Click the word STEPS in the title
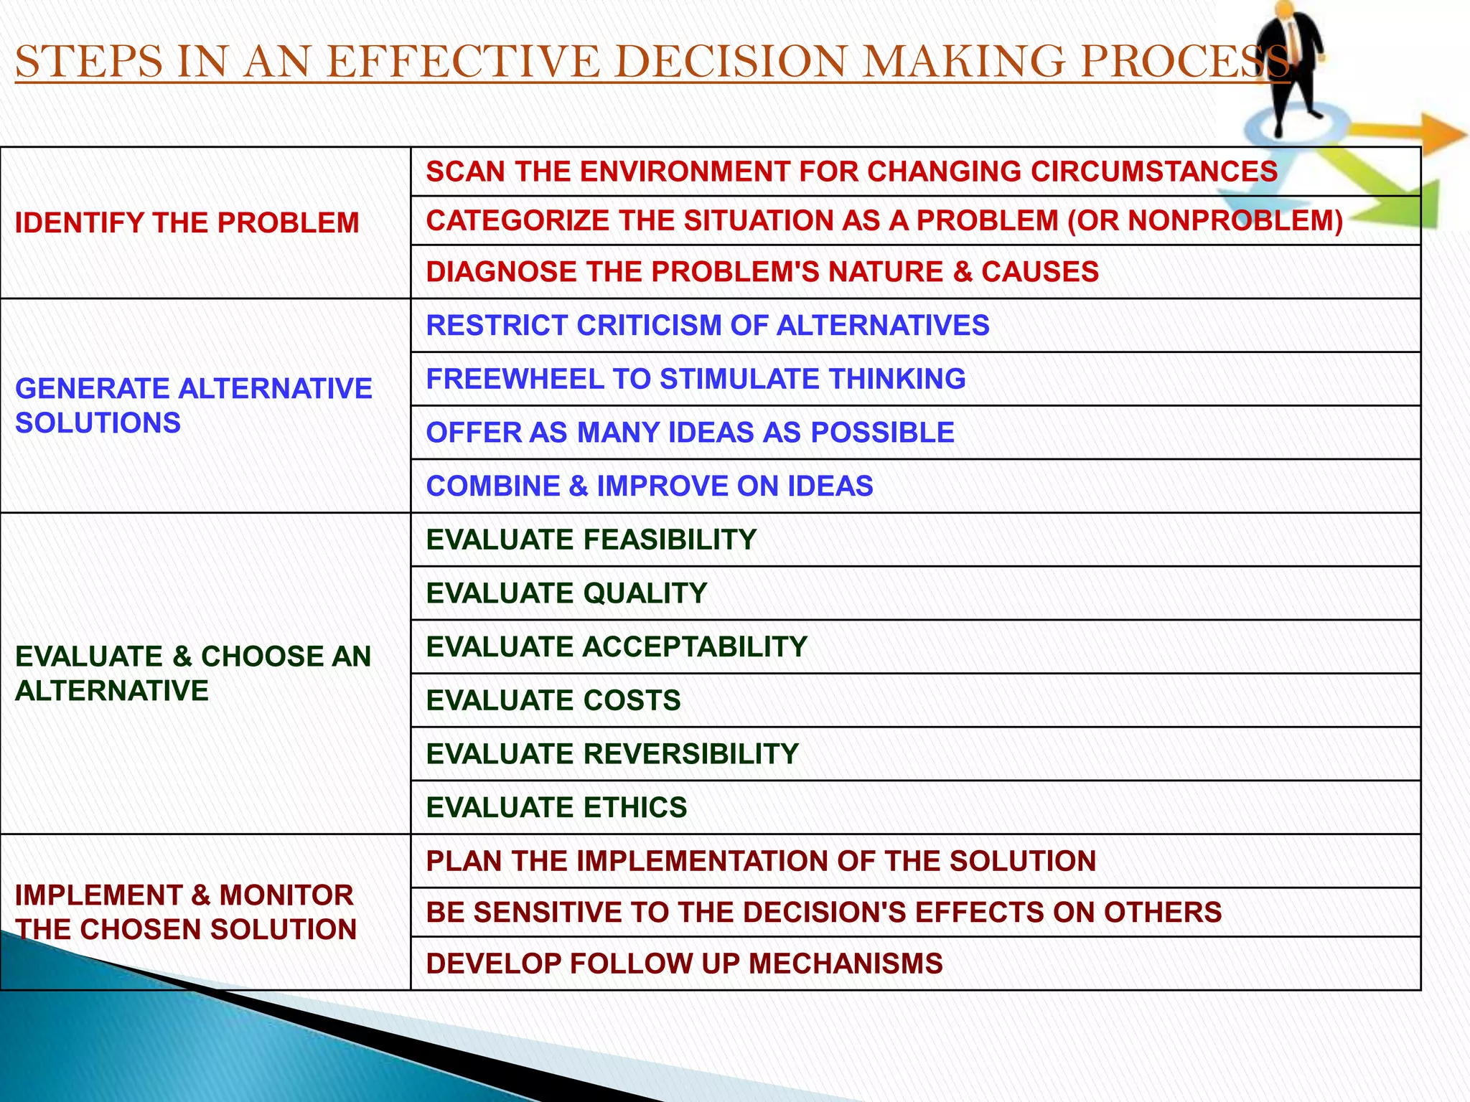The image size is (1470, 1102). tap(88, 62)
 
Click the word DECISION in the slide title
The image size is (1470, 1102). tap(731, 62)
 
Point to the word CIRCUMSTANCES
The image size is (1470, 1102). tap(1153, 171)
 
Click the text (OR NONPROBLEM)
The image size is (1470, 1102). tap(1205, 220)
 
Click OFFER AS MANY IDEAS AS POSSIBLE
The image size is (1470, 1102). tap(690, 433)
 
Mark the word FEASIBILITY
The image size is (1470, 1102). tap(670, 540)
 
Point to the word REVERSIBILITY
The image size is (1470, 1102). tap(690, 754)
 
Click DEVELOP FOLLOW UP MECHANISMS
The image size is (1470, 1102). tap(684, 964)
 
